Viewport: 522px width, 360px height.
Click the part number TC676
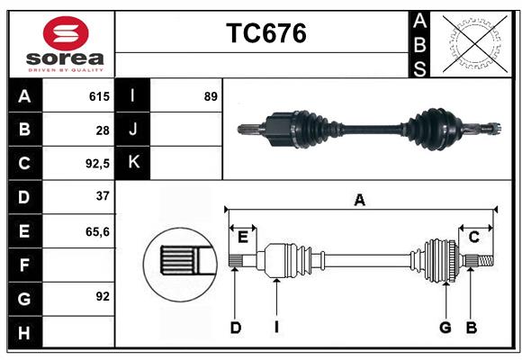tap(265, 33)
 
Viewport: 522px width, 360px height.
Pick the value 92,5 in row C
tap(96, 164)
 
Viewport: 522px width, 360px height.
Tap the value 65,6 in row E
tap(97, 231)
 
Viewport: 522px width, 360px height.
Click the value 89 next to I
tap(211, 96)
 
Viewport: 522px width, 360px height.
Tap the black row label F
tap(24, 265)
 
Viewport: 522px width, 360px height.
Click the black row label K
tap(132, 163)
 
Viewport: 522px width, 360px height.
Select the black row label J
tap(132, 130)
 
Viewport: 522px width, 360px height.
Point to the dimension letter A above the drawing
tap(360, 201)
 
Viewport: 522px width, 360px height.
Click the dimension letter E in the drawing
tap(243, 237)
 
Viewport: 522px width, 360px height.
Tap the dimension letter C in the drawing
tap(473, 237)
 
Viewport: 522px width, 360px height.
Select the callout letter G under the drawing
tap(445, 328)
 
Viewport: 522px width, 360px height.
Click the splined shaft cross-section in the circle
tap(181, 261)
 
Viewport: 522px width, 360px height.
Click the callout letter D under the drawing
tap(235, 328)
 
